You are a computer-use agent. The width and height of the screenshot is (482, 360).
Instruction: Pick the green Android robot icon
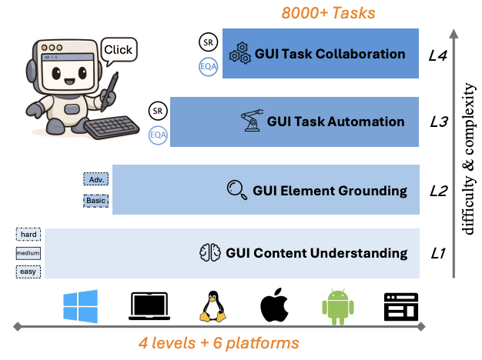tap(336, 306)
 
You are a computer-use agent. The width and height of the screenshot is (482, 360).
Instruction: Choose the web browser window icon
tap(400, 306)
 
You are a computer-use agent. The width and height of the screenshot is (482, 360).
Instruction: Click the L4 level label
tap(437, 55)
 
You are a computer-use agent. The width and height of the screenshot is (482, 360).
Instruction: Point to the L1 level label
tap(437, 253)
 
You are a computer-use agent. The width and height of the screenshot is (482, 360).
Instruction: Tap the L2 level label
tap(437, 190)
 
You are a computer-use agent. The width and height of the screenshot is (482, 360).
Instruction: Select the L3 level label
tap(437, 122)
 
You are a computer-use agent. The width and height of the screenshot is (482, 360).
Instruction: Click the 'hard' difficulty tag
tap(28, 234)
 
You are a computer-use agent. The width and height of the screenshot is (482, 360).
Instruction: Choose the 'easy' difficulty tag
tap(28, 272)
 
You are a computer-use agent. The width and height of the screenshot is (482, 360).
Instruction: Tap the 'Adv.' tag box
tap(95, 179)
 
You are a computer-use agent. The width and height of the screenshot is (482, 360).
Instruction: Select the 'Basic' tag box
tap(95, 201)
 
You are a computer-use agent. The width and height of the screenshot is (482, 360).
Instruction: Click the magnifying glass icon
tap(236, 189)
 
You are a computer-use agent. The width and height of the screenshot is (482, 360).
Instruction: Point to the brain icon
tap(210, 252)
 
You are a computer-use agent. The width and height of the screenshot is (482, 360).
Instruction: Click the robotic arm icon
tap(251, 122)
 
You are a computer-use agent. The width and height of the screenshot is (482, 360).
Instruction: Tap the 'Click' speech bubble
tap(118, 51)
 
